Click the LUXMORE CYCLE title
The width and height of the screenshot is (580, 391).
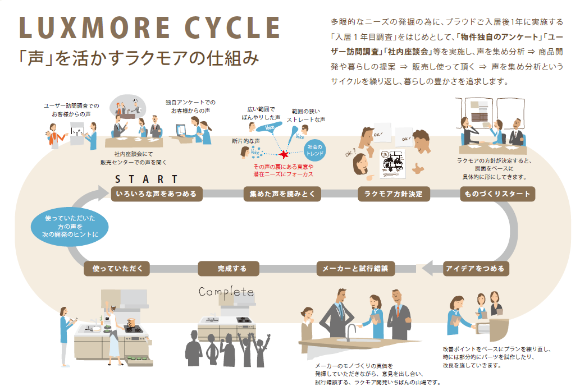(x=149, y=29)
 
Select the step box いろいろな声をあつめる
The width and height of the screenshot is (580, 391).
(x=156, y=194)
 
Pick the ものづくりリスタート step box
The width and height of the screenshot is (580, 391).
(x=497, y=194)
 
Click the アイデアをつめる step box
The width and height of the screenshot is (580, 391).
(x=475, y=268)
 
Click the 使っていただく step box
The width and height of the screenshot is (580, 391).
(x=117, y=268)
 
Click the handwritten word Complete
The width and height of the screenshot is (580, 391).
(x=226, y=292)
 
